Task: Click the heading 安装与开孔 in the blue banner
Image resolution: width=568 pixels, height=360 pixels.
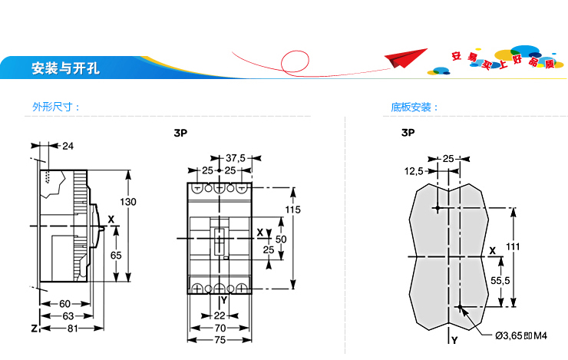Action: [65, 68]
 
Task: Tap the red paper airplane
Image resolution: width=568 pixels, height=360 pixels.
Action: [405, 58]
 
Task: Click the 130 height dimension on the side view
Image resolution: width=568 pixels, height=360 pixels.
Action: [128, 202]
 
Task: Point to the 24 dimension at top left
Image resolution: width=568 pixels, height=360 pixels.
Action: [68, 146]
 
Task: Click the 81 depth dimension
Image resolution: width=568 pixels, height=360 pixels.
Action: [73, 329]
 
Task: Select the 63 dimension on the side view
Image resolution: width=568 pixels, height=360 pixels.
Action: [68, 316]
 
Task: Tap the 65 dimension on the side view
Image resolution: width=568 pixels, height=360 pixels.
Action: [116, 256]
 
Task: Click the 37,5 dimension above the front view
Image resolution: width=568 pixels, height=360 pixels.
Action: [236, 158]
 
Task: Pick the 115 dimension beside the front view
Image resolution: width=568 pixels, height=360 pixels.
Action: [292, 210]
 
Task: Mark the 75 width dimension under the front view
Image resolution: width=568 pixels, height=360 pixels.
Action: [220, 340]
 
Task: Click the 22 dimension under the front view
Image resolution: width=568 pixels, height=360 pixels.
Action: [220, 315]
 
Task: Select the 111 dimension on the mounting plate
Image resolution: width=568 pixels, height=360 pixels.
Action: [513, 246]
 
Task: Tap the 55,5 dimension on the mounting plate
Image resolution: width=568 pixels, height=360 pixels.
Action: [500, 281]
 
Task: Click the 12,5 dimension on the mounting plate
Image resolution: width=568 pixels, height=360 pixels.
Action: [414, 171]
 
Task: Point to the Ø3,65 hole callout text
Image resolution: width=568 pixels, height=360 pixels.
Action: [521, 335]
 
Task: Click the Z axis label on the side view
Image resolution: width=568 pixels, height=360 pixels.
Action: [35, 329]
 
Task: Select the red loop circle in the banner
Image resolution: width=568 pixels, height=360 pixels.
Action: [296, 62]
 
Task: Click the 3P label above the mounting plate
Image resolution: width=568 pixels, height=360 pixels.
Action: [408, 133]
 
